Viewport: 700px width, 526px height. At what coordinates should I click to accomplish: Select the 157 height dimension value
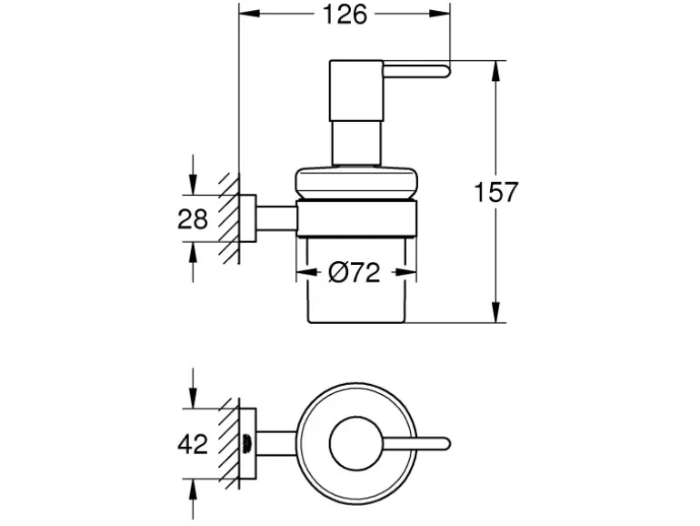click(496, 192)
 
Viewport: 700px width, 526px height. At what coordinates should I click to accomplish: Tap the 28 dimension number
click(193, 218)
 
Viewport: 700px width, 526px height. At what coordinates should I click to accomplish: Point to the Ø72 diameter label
click(353, 271)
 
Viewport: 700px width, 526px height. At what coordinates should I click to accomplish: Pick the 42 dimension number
click(193, 444)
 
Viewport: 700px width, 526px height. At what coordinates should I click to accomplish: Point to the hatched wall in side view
click(233, 218)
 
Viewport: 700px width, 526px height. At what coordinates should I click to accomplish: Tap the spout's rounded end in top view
click(444, 443)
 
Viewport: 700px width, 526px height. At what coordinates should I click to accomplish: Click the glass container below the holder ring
click(356, 291)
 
